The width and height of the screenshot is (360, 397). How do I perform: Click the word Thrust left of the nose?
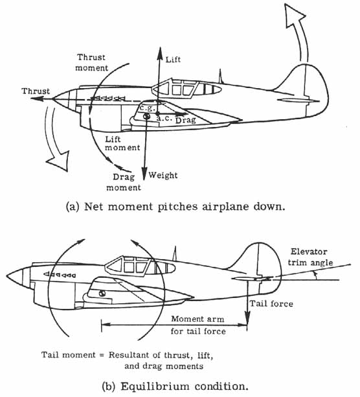35,91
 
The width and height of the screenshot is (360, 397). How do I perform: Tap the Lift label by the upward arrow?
174,59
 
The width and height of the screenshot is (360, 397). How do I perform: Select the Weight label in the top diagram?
163,176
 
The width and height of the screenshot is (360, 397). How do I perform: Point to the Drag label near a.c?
188,120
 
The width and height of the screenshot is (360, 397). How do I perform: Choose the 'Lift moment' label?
123,144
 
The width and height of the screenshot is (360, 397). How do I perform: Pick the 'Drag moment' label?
123,183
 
